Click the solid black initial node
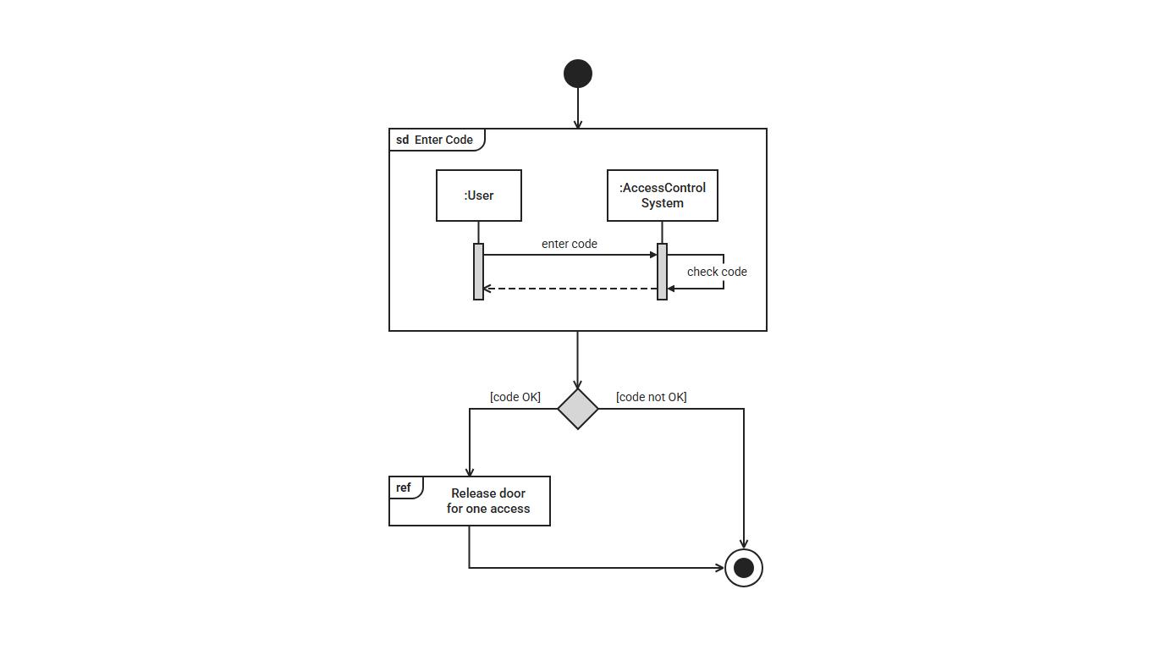coord(578,74)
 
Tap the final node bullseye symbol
coord(744,568)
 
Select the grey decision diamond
coord(578,409)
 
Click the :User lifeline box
coord(479,196)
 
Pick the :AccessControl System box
coord(663,196)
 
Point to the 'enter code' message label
coord(570,244)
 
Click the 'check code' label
coord(717,272)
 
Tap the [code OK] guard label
coord(515,397)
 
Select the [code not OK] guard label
coord(652,397)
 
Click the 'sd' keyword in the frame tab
coord(402,140)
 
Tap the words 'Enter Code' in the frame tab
coord(443,140)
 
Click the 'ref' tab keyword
coord(404,487)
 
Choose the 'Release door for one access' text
coord(488,501)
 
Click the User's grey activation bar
coord(478,272)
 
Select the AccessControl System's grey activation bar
coord(663,272)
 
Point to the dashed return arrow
coord(570,289)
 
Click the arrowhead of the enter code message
coord(653,255)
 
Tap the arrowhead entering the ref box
coord(470,472)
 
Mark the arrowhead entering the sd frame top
coord(578,124)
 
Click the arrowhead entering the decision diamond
coord(578,385)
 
